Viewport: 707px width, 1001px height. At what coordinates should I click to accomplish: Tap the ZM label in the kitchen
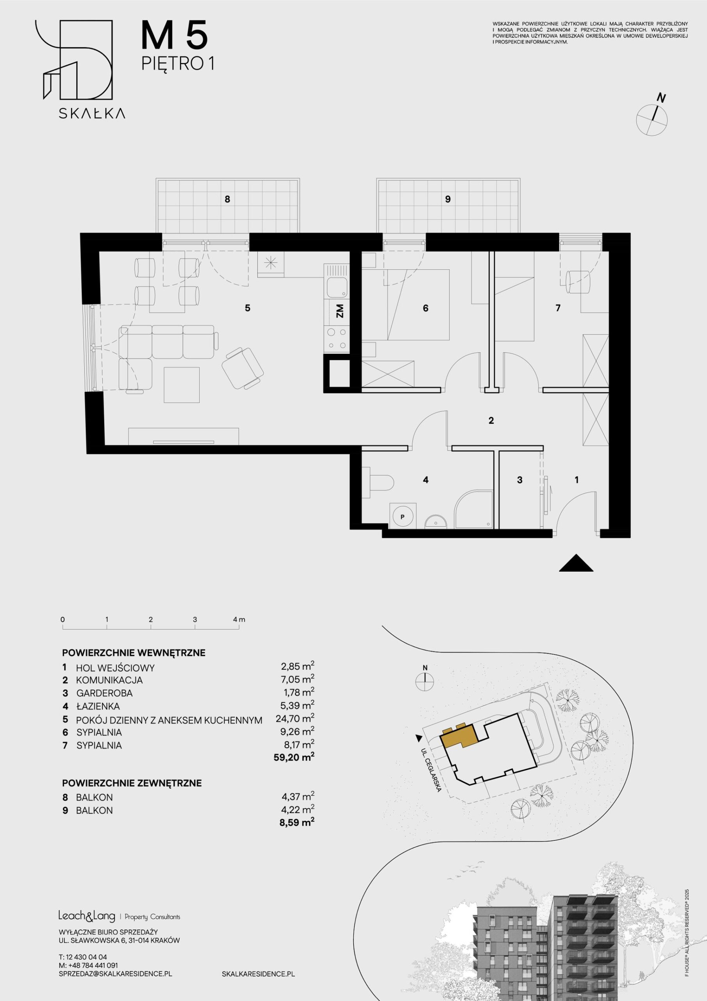click(340, 311)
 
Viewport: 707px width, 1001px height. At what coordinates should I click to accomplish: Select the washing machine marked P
click(402, 517)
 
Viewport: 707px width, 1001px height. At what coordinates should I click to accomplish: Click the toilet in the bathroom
click(378, 483)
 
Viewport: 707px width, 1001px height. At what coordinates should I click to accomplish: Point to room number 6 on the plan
click(426, 308)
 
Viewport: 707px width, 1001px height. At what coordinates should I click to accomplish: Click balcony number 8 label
click(227, 199)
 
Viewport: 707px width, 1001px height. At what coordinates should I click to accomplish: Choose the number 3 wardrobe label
click(519, 480)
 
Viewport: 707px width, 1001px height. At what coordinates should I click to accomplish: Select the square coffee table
click(182, 384)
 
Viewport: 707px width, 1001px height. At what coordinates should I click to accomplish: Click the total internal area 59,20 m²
click(294, 757)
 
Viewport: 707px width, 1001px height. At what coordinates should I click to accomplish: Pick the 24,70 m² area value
click(295, 718)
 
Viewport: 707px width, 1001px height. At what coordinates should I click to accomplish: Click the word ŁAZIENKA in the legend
click(98, 706)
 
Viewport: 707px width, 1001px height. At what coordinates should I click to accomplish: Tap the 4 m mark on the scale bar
click(239, 619)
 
